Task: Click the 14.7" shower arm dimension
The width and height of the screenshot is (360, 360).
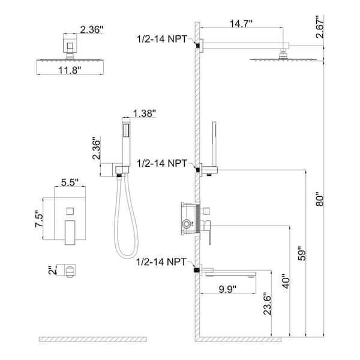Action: (241, 23)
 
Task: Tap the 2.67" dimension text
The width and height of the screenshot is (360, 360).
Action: (320, 27)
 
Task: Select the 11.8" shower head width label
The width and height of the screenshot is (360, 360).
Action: (70, 70)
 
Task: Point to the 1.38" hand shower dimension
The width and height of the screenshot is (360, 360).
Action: (145, 113)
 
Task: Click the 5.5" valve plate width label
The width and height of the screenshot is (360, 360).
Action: (70, 182)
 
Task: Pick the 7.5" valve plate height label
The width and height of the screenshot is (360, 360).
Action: (39, 219)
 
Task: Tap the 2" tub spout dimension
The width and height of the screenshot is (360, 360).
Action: (53, 270)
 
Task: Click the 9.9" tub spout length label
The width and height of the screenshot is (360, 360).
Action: (227, 289)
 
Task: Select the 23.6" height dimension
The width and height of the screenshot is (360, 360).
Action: (268, 304)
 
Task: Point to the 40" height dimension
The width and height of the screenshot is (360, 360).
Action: (286, 281)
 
